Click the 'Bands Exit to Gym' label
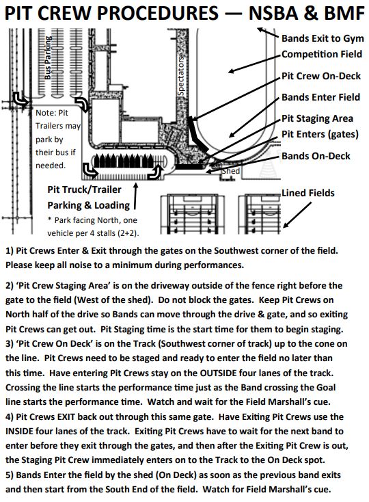[323, 38]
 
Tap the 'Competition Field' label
[322, 54]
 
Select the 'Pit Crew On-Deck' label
[321, 76]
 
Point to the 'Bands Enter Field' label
[320, 97]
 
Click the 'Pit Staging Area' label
[317, 119]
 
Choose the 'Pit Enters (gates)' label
[320, 134]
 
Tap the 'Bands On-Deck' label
[316, 156]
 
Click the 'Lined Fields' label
[308, 193]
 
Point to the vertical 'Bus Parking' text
[48, 57]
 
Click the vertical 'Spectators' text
[180, 75]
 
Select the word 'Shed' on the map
[231, 171]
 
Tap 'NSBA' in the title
[277, 13]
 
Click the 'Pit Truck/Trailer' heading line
[85, 189]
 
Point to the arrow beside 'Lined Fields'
[297, 215]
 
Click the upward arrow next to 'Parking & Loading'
[135, 196]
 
